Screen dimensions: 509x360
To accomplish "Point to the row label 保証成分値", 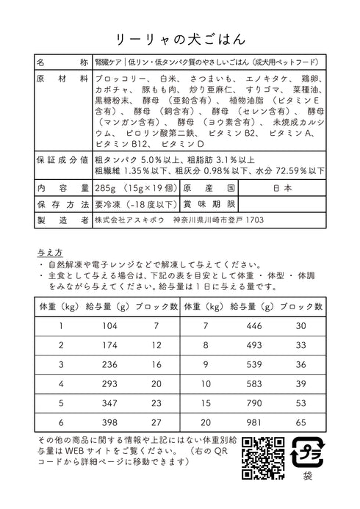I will tap(62, 159).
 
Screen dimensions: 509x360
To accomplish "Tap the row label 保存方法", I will tap(62, 203).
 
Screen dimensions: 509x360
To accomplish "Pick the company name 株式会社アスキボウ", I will tap(129, 220).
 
